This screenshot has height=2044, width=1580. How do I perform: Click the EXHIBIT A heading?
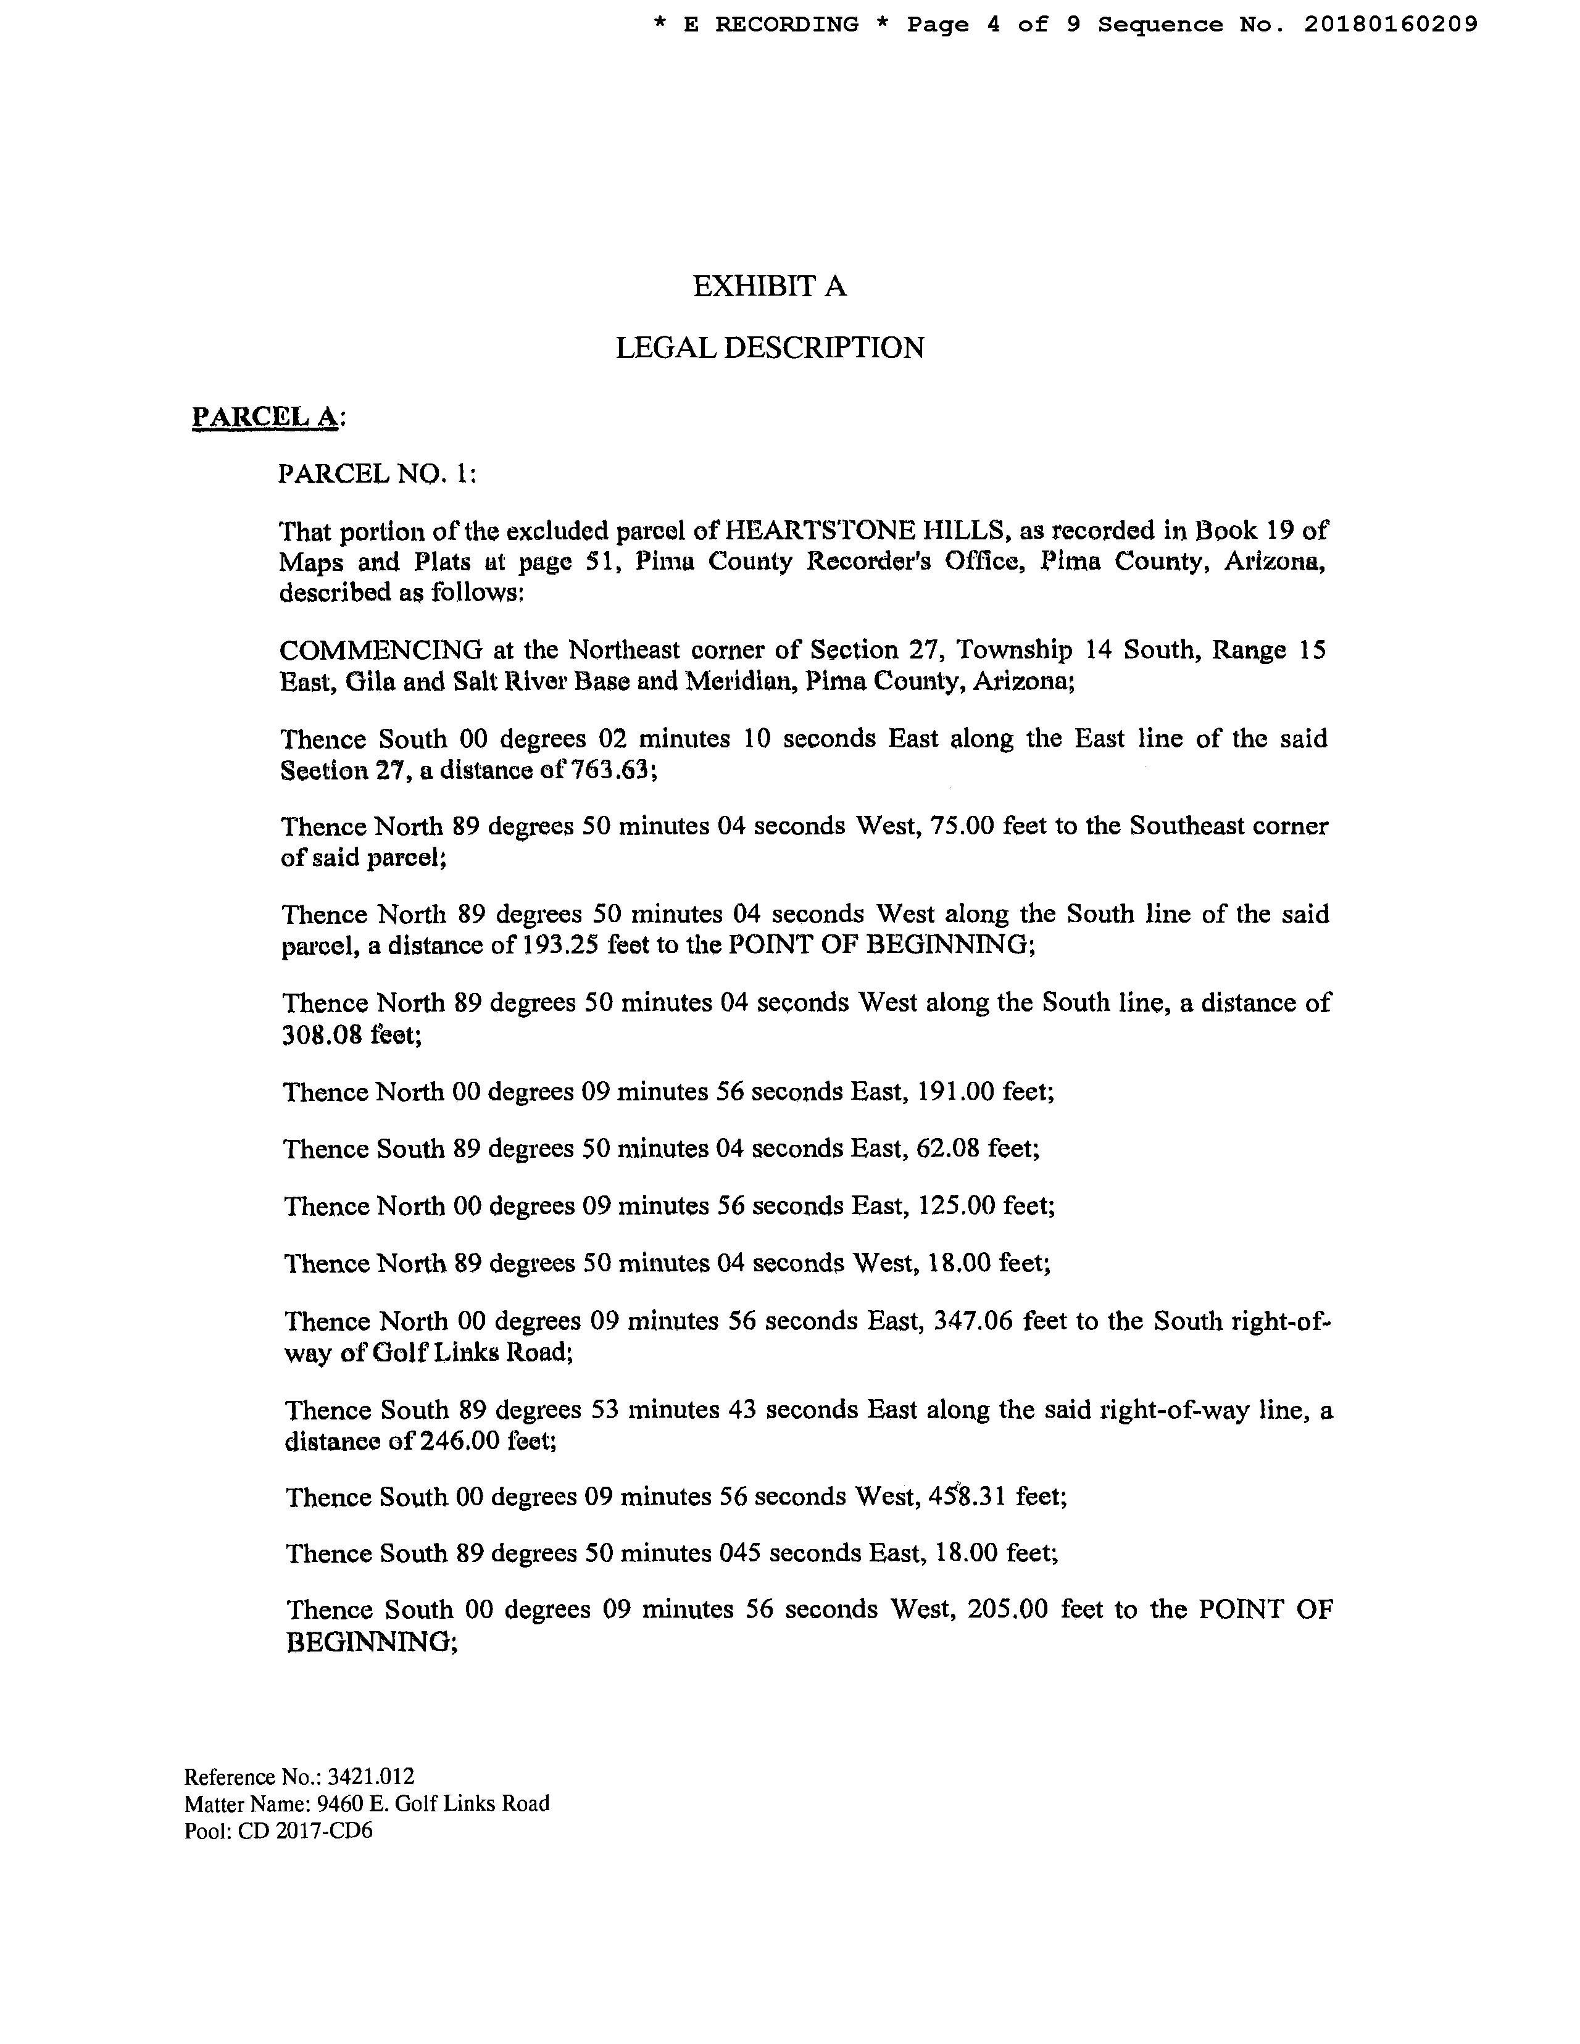pos(770,286)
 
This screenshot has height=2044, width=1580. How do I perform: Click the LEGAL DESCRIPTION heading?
pos(770,348)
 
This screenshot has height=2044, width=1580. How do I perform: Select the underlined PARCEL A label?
pos(266,417)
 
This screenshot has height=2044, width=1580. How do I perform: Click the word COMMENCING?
pos(381,649)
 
